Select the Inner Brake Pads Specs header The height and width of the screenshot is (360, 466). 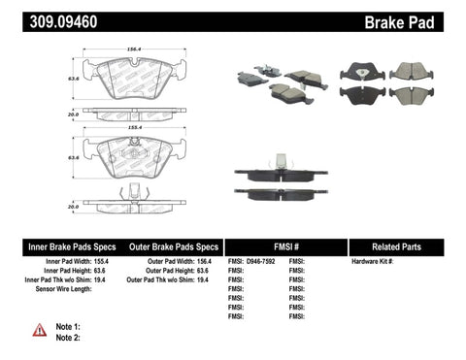point(57,247)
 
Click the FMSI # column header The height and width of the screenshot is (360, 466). point(285,247)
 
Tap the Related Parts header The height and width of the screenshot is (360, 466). point(405,247)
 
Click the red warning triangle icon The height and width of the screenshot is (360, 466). point(39,330)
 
